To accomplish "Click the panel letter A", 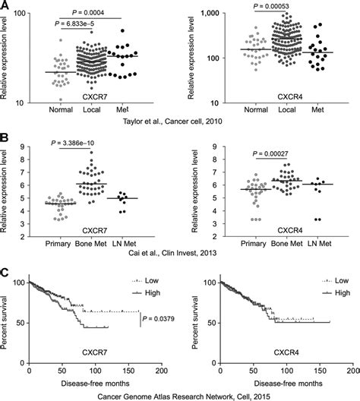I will coord(5,6).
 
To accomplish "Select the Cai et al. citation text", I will coord(178,258).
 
